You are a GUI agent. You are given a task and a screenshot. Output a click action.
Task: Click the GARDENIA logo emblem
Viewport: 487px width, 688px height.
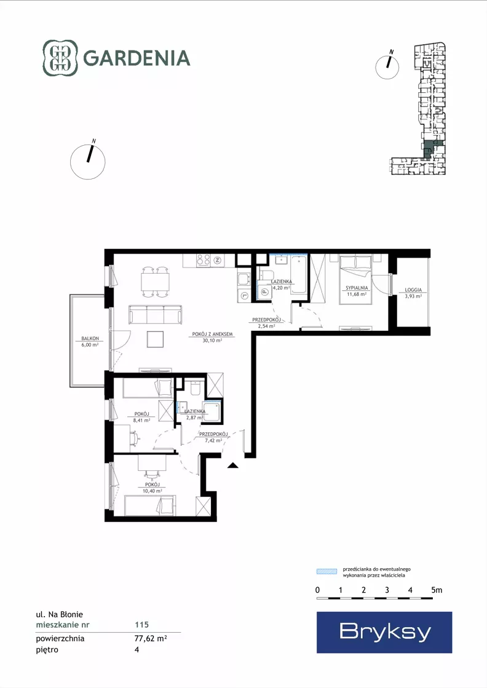pos(60,58)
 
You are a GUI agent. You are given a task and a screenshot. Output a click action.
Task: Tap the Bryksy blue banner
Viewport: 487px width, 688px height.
pos(384,632)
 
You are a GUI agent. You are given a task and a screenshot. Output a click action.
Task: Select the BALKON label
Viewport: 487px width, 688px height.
pos(90,339)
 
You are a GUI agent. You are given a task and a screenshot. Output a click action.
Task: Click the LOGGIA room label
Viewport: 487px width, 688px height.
pos(413,290)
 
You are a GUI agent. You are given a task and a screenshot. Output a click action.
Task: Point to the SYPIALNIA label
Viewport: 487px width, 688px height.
pos(357,288)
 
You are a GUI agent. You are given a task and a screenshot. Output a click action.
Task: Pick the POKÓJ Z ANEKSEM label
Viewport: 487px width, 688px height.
pos(212,334)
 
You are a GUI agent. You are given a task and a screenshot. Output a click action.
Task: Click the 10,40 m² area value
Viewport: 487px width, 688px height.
pos(152,491)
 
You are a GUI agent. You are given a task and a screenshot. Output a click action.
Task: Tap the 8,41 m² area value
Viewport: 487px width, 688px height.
pos(141,420)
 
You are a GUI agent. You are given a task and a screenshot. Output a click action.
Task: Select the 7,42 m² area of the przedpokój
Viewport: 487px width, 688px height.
pos(213,440)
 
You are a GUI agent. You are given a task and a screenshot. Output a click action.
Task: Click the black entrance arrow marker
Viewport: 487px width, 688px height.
pos(233,465)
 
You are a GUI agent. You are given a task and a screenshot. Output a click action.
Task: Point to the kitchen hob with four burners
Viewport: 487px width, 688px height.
pos(203,259)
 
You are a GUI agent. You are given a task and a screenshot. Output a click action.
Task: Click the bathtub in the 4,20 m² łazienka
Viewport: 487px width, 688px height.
pos(299,274)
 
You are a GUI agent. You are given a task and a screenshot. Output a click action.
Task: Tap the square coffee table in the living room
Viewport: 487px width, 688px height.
pos(156,339)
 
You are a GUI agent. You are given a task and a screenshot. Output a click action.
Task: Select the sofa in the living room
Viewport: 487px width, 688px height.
pos(156,315)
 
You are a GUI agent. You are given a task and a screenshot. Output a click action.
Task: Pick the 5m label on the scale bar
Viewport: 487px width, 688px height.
pos(437,590)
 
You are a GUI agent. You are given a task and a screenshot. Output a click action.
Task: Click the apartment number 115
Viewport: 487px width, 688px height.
pos(141,625)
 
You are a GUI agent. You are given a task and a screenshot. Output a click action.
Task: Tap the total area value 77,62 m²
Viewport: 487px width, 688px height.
pos(151,638)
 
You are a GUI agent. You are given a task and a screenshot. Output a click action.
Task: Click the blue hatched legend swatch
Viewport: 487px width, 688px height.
pos(327,571)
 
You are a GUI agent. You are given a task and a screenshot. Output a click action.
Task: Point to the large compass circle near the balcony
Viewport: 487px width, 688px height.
pos(88,162)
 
